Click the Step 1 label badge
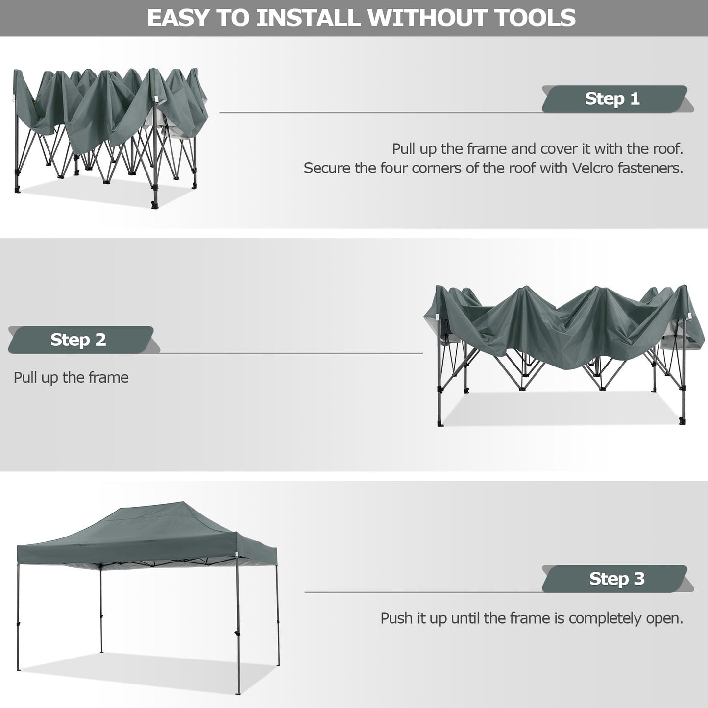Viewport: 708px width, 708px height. (x=612, y=98)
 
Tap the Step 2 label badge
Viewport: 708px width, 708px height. (x=78, y=340)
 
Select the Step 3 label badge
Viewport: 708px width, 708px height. (x=616, y=579)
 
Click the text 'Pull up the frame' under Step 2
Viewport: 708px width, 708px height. (x=71, y=377)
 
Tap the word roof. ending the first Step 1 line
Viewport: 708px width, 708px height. (x=668, y=148)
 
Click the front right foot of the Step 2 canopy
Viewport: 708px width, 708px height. (x=683, y=420)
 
